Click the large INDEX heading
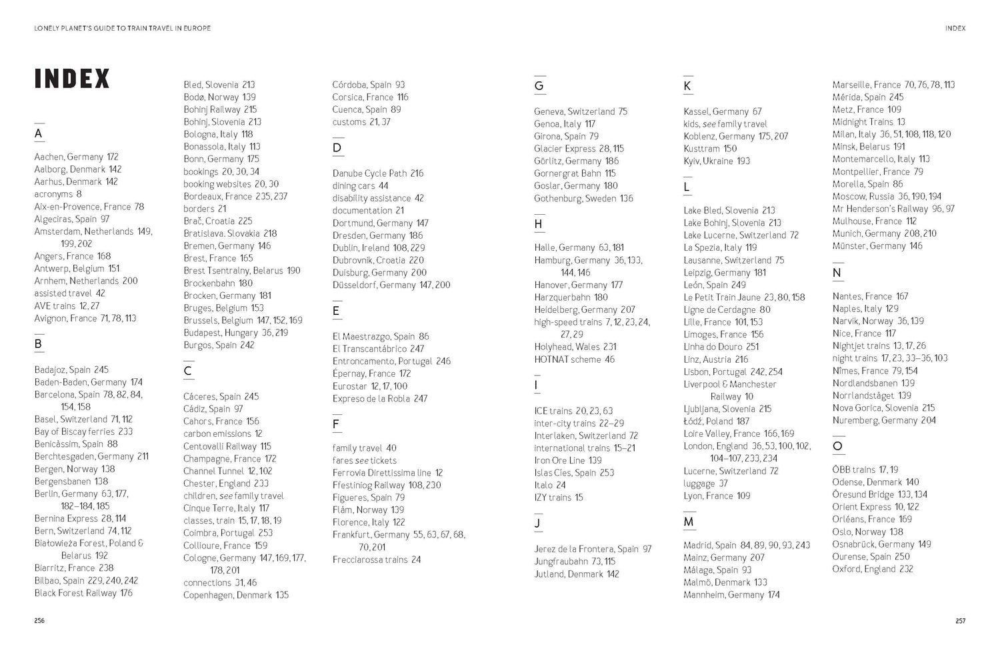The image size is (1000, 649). pyautogui.click(x=72, y=79)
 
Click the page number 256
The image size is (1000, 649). pyautogui.click(x=39, y=620)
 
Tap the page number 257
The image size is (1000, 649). pyautogui.click(x=960, y=620)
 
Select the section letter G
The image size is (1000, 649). pyautogui.click(x=539, y=85)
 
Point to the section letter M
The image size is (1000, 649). pyautogui.click(x=689, y=522)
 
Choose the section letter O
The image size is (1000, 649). pyautogui.click(x=837, y=446)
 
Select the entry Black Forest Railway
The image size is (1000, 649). pyautogui.click(x=75, y=593)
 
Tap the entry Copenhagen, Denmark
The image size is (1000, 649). pyautogui.click(x=227, y=595)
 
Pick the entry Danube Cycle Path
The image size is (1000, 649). pyautogui.click(x=369, y=173)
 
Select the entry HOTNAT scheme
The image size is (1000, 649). pyautogui.click(x=567, y=360)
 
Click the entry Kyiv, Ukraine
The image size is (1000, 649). pyautogui.click(x=708, y=161)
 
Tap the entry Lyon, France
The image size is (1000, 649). pyautogui.click(x=708, y=496)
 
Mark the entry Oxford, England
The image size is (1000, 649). pyautogui.click(x=864, y=569)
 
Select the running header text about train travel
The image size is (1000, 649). pyautogui.click(x=123, y=28)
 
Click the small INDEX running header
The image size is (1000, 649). pyautogui.click(x=955, y=28)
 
